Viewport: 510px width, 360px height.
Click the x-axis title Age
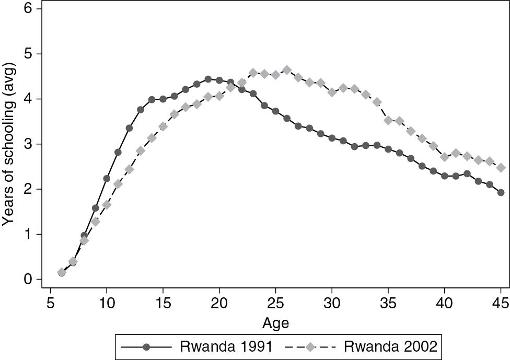pos(276,323)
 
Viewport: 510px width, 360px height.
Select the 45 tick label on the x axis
pos(501,303)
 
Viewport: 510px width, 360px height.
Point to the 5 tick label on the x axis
pos(51,303)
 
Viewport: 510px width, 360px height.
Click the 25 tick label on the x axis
pos(276,303)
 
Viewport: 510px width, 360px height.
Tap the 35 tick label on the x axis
pos(388,303)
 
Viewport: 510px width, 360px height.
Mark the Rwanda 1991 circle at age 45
pos(501,192)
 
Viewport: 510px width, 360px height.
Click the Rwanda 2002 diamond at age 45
pos(501,168)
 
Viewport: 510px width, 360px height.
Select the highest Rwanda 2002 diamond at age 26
pos(287,70)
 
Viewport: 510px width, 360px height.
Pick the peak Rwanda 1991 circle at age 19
pos(208,79)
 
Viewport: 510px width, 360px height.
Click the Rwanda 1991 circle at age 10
pos(107,178)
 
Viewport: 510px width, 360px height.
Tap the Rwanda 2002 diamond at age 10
pos(107,205)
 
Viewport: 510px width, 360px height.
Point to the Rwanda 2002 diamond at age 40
pos(445,157)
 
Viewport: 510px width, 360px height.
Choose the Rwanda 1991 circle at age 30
pos(332,138)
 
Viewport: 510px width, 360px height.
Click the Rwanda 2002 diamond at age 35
pos(388,120)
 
